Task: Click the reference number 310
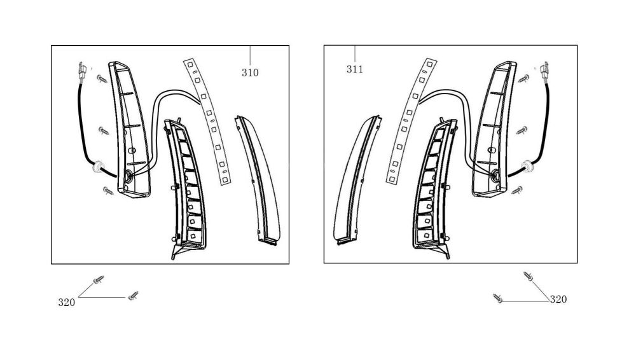coord(250,73)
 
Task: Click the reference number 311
coord(354,69)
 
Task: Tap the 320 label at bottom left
coord(67,302)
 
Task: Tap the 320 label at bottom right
coord(558,300)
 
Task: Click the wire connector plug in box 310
coord(82,72)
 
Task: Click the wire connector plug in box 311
coord(545,72)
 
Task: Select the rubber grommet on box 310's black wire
coord(98,167)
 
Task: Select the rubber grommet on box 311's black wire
coord(527,166)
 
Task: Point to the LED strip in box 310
coord(207,121)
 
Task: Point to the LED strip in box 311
coord(410,121)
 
